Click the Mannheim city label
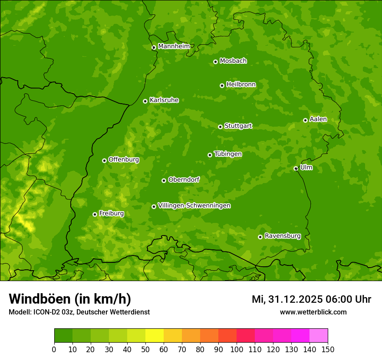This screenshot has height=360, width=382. [x=174, y=46]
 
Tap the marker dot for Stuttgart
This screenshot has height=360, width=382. [x=220, y=127]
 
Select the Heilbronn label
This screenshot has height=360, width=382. [x=241, y=85]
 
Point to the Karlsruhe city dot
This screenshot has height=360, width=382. [x=145, y=101]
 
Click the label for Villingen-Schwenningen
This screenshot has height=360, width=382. [x=194, y=206]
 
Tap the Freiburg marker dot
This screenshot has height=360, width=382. [x=95, y=214]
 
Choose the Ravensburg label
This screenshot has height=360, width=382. [x=282, y=236]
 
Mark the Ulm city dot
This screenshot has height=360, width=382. [x=296, y=168]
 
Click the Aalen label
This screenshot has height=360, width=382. [x=318, y=119]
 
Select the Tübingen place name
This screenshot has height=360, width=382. [x=228, y=154]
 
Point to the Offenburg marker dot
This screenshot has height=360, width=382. [x=104, y=160]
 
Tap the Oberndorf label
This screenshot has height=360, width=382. [x=184, y=180]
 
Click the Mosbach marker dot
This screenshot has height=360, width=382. [x=215, y=62]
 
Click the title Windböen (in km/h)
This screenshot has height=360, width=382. [x=70, y=299]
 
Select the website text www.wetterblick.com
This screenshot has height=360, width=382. [x=313, y=312]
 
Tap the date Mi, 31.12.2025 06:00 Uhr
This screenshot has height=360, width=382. [x=311, y=299]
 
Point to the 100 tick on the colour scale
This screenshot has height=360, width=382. [x=237, y=349]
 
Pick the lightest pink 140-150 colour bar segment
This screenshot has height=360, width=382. [x=319, y=335]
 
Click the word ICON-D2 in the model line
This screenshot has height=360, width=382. [x=46, y=312]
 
